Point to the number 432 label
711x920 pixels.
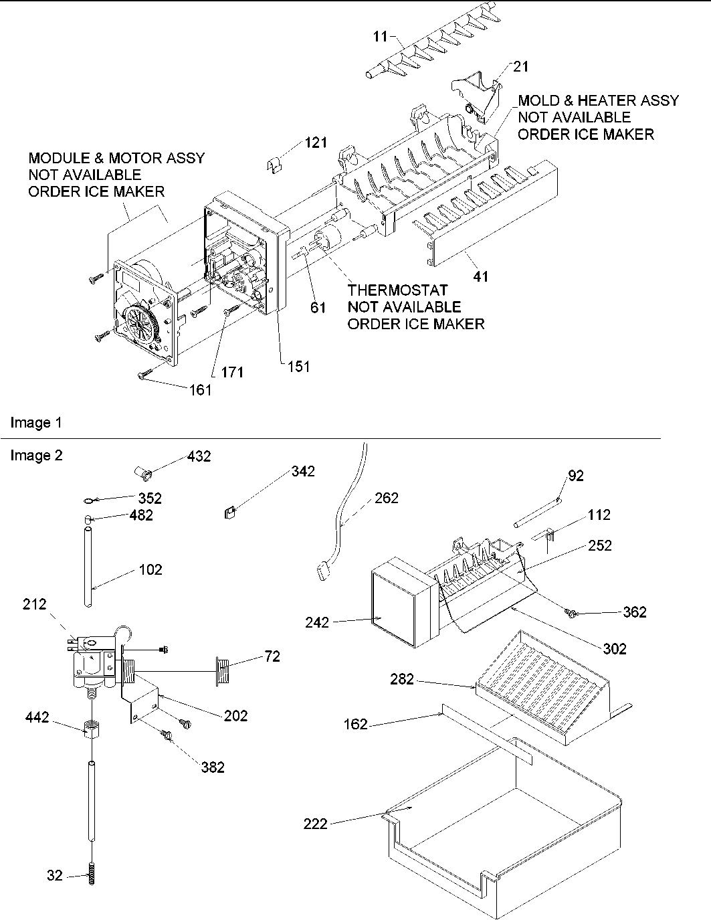pos(199,456)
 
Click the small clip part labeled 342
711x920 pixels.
pos(229,513)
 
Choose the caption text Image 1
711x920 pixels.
pos(36,423)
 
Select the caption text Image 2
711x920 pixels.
pos(36,456)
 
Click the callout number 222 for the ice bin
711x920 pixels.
pos(315,823)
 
